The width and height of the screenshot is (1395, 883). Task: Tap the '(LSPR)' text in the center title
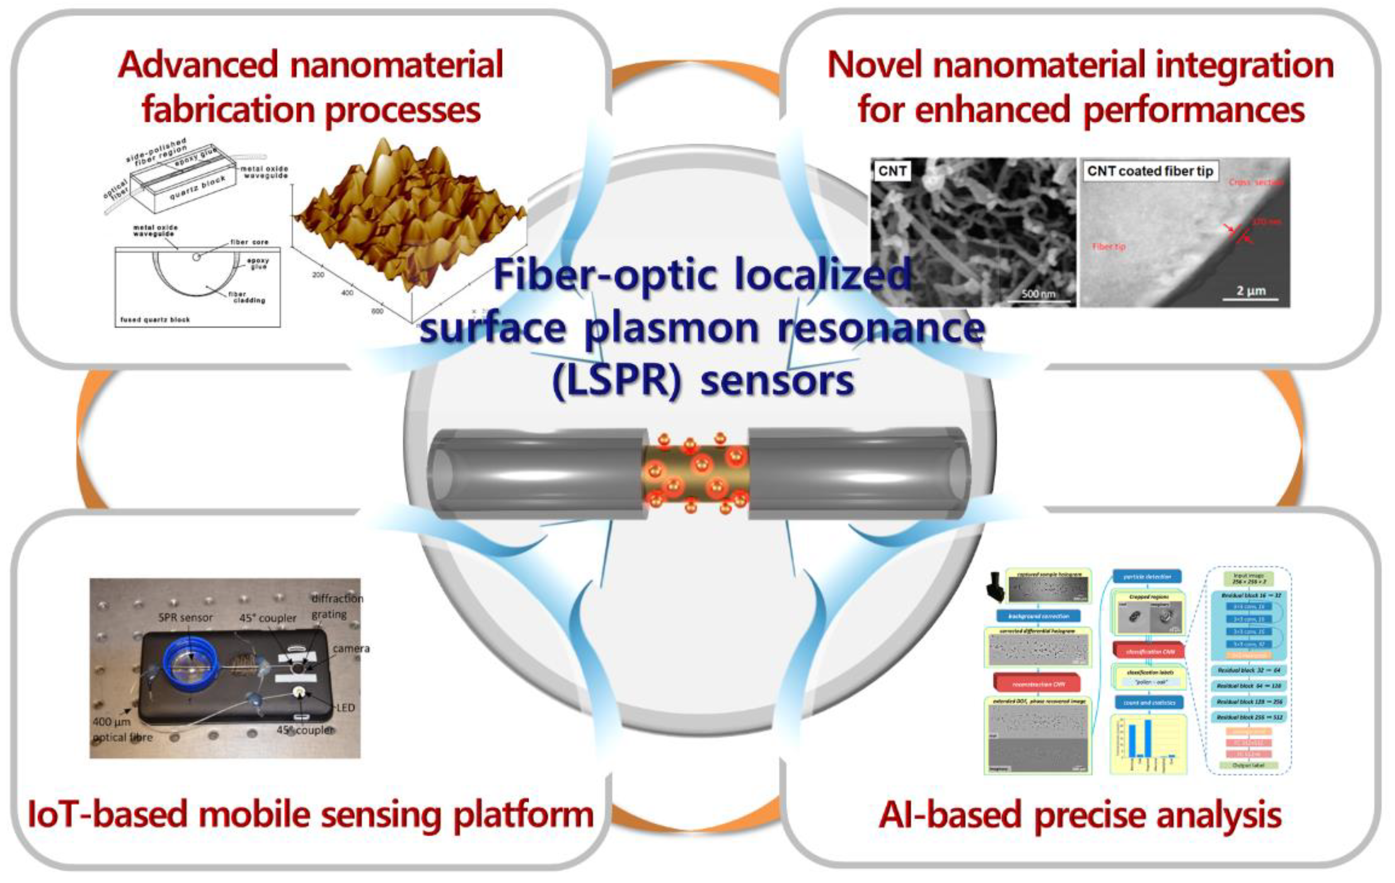[x=617, y=381]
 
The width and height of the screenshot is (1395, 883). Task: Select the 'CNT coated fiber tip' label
[x=1149, y=171]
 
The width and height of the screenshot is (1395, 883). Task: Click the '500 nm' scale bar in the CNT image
[x=1038, y=294]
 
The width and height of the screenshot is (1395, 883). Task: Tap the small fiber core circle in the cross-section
[x=196, y=256]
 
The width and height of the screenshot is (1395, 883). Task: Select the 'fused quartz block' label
[x=155, y=319]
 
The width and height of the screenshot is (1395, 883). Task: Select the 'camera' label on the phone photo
[x=351, y=648]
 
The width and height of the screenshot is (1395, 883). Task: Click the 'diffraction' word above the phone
[x=337, y=598]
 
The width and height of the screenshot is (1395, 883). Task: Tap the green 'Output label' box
[x=1248, y=765]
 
